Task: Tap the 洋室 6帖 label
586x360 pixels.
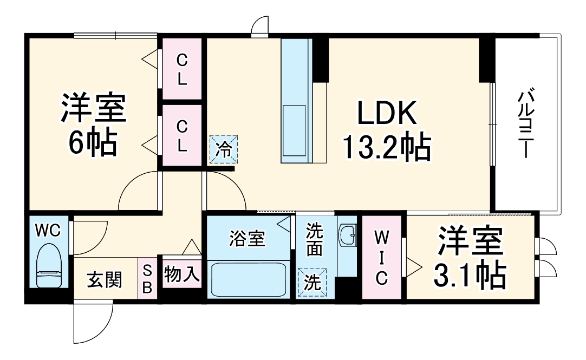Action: [93, 125]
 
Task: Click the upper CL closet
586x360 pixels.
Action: [182, 69]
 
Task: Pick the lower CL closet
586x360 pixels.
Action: [182, 135]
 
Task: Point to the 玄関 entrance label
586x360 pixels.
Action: [105, 280]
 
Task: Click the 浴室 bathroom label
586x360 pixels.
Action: [247, 239]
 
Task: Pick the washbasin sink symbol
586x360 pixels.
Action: [347, 235]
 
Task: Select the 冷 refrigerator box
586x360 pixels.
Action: [223, 148]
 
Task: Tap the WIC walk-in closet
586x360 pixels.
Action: [381, 257]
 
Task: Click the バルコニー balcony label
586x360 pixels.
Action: [523, 124]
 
